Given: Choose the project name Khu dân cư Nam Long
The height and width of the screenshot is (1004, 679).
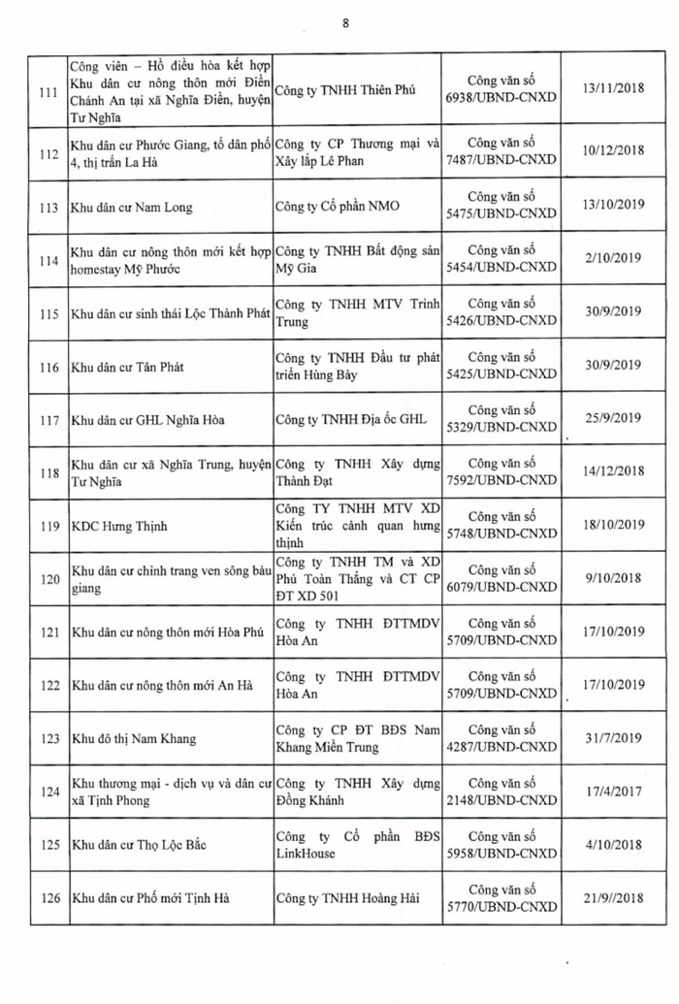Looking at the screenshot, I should [x=132, y=207].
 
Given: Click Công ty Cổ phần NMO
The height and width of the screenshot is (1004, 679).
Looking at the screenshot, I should [x=338, y=206].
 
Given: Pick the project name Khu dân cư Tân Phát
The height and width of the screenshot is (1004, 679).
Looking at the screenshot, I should [x=128, y=367].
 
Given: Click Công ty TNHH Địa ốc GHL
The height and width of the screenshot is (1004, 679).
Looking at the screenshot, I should [x=351, y=419].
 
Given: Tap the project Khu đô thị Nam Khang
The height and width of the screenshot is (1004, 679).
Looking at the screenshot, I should [x=134, y=738].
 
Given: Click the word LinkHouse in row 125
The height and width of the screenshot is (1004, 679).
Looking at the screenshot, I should [x=306, y=853].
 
